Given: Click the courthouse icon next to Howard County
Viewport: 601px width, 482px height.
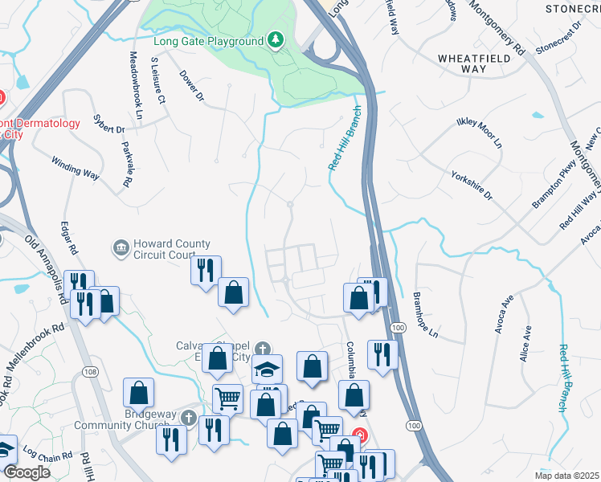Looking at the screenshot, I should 121,246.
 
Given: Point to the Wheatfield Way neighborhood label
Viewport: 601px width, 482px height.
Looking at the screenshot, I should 474,63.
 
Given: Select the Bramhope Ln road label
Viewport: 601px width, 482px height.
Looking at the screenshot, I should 427,314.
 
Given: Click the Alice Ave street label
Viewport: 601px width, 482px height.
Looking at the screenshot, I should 526,343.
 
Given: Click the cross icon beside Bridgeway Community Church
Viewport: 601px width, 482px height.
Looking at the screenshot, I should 188,418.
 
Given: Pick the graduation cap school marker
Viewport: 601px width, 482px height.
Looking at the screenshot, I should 267,370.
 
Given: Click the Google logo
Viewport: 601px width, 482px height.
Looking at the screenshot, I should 27,473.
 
